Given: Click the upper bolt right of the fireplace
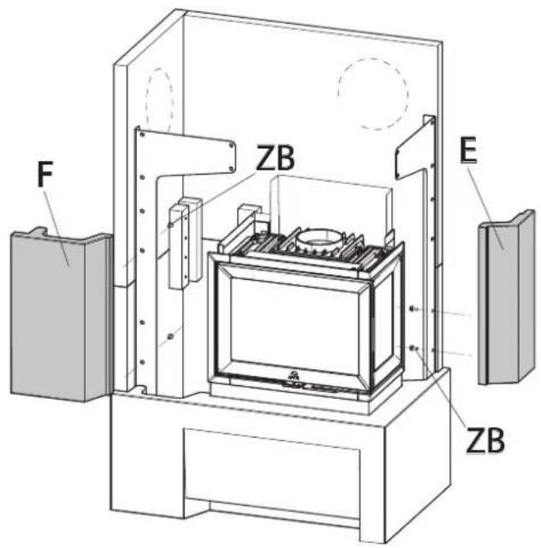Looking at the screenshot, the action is (413, 308).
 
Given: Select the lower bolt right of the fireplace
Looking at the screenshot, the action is (413, 348).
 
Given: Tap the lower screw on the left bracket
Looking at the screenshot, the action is (170, 335).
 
